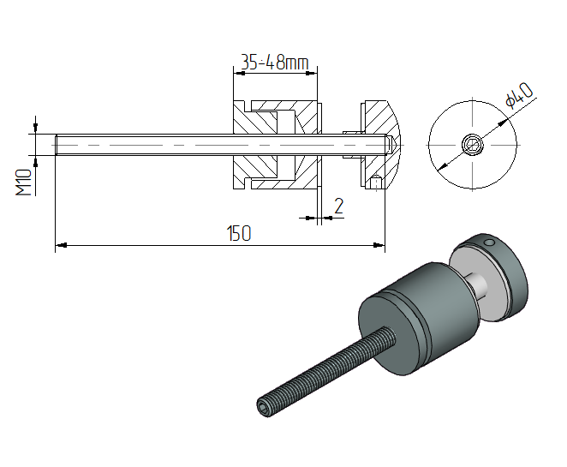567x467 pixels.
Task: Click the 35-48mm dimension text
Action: coord(274,63)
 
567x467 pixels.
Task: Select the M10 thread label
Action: coord(24,183)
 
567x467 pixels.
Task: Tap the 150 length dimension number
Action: coord(239,233)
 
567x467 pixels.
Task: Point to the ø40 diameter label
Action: coord(519,95)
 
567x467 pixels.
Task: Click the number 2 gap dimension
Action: coord(338,206)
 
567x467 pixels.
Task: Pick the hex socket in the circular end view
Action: coord(473,145)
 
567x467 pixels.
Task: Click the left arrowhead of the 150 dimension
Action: coord(62,245)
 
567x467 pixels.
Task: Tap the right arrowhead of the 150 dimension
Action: coord(379,245)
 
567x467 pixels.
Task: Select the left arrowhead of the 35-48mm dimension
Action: coord(239,74)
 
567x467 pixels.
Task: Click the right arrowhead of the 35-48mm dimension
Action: coord(311,74)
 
